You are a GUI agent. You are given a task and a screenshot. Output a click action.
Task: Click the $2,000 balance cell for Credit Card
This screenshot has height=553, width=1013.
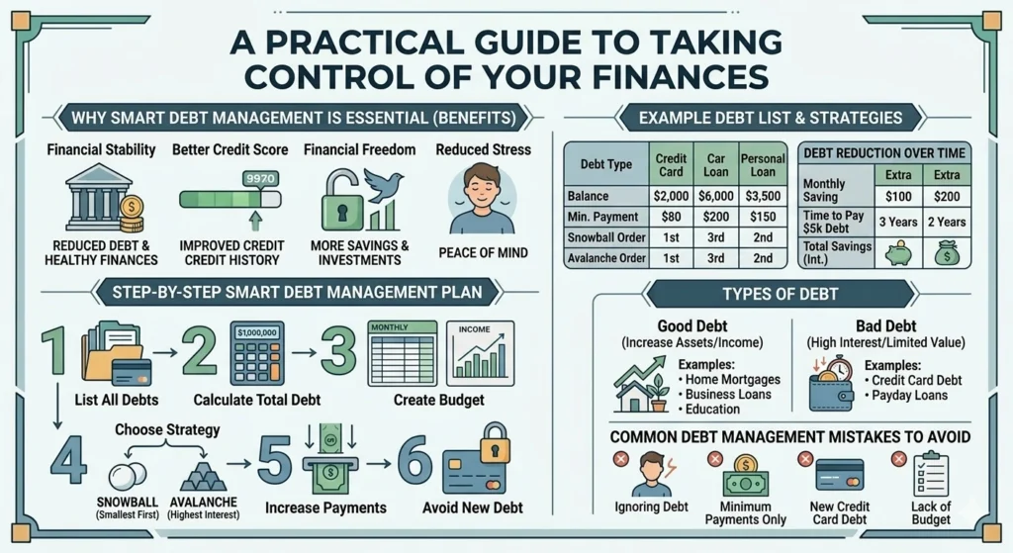[x=672, y=195]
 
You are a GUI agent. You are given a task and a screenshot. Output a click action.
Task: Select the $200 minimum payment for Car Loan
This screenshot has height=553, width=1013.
[x=716, y=218]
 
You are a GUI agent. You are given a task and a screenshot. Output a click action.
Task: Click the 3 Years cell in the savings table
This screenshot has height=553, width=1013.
[x=902, y=222]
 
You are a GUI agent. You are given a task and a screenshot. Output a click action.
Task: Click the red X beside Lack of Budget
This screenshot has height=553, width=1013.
[x=898, y=458]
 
